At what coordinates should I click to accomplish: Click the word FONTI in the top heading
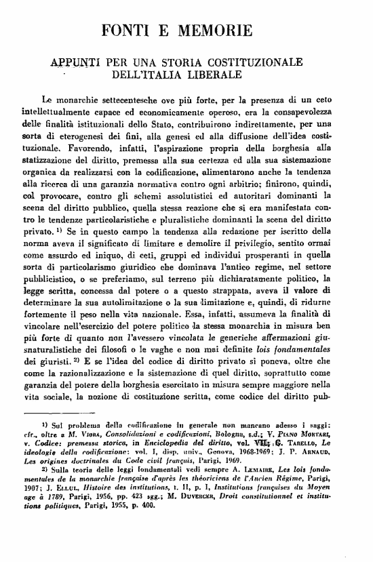coord(131,31)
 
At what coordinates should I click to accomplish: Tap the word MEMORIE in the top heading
coord(218,31)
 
